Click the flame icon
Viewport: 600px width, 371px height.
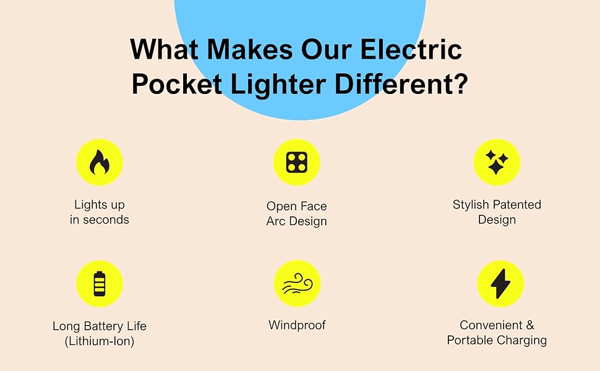99,163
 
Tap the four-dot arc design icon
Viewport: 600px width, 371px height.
296,163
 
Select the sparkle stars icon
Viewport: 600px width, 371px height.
496,162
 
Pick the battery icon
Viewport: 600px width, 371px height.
99,283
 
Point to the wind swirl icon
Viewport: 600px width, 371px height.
296,284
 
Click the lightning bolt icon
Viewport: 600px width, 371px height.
500,283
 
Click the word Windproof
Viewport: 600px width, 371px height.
297,325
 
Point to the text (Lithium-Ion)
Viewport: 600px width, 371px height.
99,341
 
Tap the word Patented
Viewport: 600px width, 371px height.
516,205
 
